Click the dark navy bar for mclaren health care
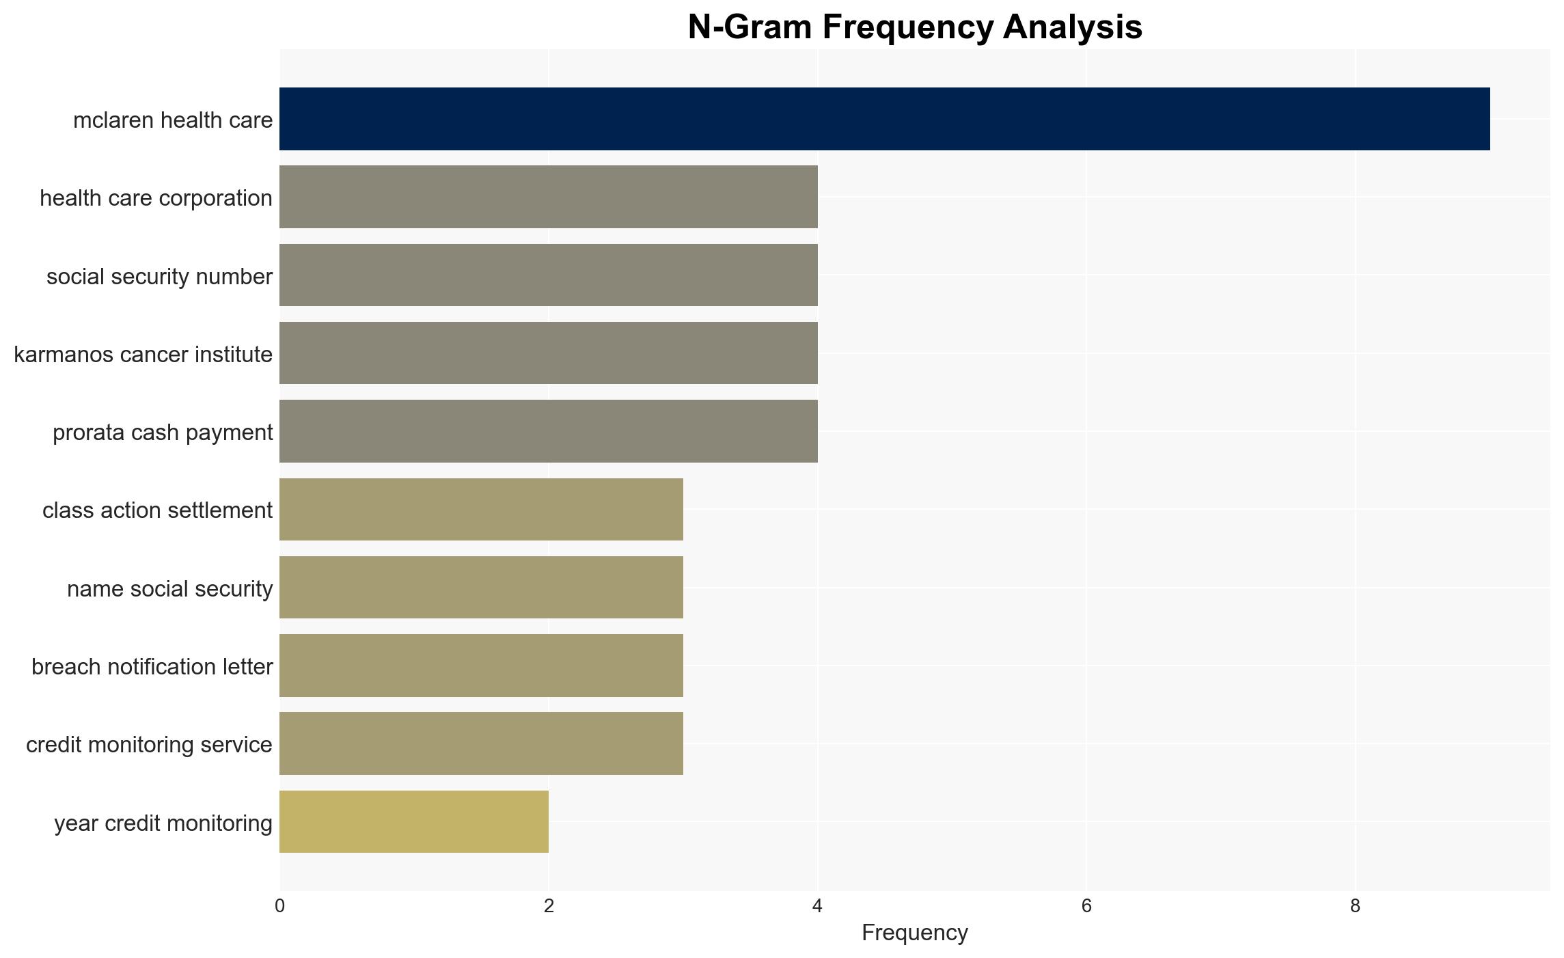tap(884, 119)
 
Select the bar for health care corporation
tap(549, 197)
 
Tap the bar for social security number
tap(549, 275)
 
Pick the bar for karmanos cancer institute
tap(549, 353)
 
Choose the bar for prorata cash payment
tap(549, 431)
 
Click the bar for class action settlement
tap(481, 510)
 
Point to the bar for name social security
tap(481, 588)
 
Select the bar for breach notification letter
tap(481, 666)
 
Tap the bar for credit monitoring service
tap(481, 743)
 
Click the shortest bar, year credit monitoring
tap(414, 822)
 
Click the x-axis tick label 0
tap(279, 906)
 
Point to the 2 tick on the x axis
tap(549, 906)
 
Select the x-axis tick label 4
tap(817, 906)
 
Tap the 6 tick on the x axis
tap(1086, 906)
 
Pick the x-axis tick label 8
tap(1355, 906)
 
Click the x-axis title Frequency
tap(914, 933)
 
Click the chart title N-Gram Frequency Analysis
tap(915, 27)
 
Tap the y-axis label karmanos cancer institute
tap(143, 355)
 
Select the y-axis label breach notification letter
tap(152, 667)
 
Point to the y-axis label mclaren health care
tap(173, 120)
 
